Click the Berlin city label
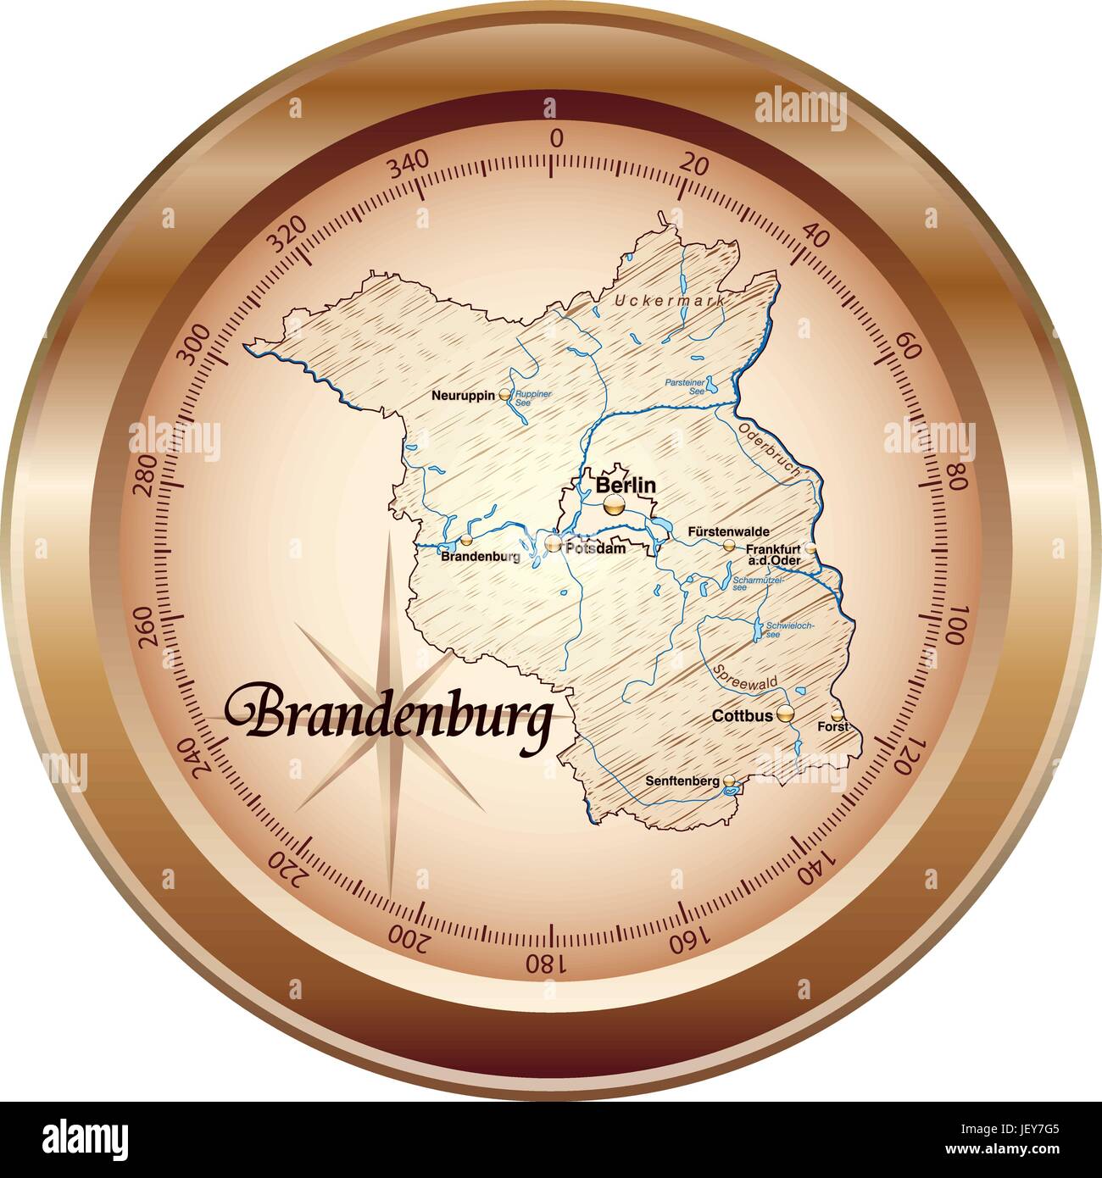pyautogui.click(x=626, y=486)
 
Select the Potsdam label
pyautogui.click(x=598, y=548)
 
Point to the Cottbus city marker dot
pyautogui.click(x=787, y=714)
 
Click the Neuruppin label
pyautogui.click(x=463, y=395)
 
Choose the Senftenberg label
pyautogui.click(x=682, y=781)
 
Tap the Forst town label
pyautogui.click(x=832, y=727)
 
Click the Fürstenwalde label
pyautogui.click(x=729, y=531)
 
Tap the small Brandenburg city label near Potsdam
pyautogui.click(x=481, y=557)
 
